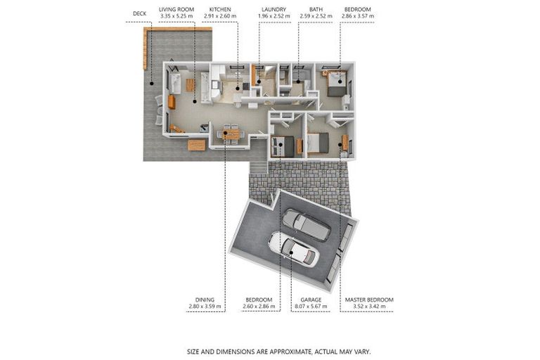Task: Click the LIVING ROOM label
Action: (176, 10)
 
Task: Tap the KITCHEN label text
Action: (220, 10)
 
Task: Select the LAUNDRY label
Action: (274, 10)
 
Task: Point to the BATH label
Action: (316, 10)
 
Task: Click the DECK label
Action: (139, 14)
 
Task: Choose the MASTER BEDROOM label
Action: (369, 300)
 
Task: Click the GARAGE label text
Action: (311, 300)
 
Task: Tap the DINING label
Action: (205, 300)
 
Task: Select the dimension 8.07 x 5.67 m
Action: (311, 307)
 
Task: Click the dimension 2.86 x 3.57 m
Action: (358, 16)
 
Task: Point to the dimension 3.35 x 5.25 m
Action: (176, 16)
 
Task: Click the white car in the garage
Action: (294, 250)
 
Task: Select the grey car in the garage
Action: (307, 225)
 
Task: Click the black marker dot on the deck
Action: (152, 84)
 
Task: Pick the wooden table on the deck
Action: (197, 146)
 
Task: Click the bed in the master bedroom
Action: (318, 143)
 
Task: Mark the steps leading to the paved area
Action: (258, 168)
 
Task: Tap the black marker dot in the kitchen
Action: (238, 89)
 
